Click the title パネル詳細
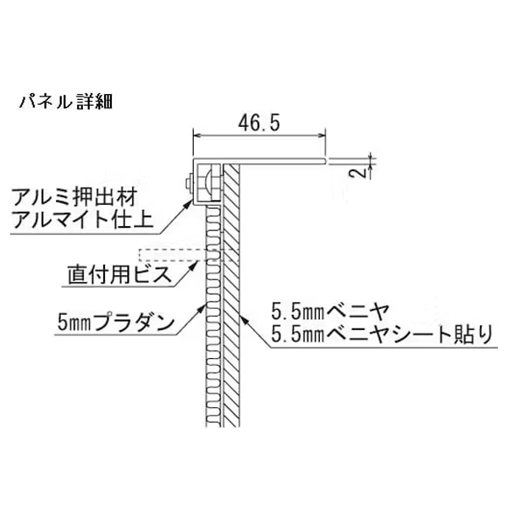66,102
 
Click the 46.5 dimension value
259,123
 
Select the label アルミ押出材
75,197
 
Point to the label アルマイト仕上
82,219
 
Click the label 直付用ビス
119,274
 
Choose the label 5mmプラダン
116,322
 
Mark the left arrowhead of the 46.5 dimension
196,136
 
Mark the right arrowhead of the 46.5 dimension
322,136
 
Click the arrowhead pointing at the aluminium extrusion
189,203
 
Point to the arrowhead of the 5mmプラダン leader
202,307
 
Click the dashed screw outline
190,255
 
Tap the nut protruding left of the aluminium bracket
189,184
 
